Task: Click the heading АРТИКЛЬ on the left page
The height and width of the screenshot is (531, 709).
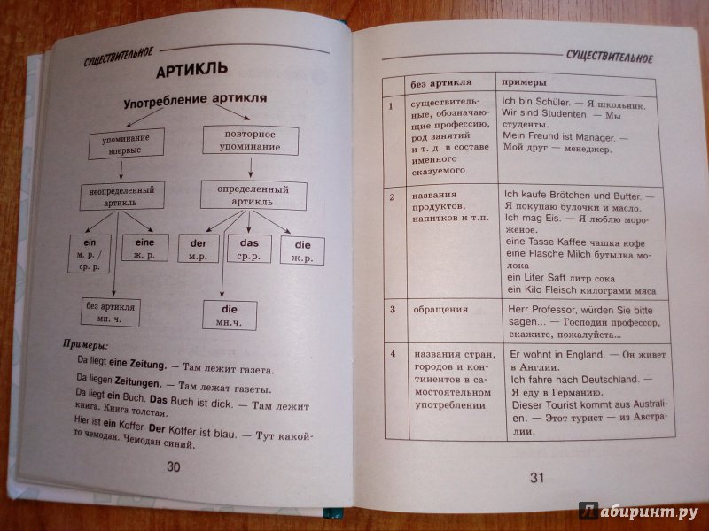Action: [191, 70]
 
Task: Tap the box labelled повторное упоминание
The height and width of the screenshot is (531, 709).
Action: [251, 141]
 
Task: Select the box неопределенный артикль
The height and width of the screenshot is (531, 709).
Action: [121, 196]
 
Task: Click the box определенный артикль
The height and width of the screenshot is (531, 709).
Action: [253, 195]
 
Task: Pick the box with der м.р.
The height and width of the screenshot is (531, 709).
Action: [198, 249]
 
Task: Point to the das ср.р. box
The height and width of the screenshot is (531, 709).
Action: [249, 249]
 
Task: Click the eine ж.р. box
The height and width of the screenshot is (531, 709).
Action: [144, 248]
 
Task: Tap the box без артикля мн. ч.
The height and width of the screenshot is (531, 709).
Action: [110, 312]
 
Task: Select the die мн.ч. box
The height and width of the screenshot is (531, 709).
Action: [230, 315]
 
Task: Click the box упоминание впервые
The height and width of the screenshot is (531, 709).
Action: [126, 143]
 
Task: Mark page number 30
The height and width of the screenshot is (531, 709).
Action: [174, 467]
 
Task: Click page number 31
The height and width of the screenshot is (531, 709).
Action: [537, 478]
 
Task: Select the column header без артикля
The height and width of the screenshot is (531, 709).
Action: [440, 83]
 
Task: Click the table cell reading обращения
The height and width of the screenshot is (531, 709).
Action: [440, 310]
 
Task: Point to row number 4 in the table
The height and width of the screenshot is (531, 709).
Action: [393, 353]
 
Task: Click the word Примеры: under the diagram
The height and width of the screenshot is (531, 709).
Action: [85, 345]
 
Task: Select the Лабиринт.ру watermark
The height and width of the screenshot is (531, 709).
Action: [638, 512]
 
